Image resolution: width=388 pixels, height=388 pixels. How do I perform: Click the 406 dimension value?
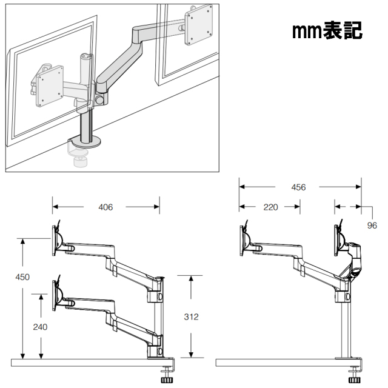[105, 207]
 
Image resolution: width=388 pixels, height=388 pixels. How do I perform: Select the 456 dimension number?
[298, 187]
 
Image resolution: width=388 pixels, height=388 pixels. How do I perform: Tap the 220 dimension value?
[270, 207]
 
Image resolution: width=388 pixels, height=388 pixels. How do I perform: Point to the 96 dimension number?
[372, 226]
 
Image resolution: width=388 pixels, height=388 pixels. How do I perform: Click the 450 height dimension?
[22, 277]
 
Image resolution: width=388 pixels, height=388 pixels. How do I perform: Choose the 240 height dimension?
[40, 327]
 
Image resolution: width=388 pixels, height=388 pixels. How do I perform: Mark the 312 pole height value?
[192, 316]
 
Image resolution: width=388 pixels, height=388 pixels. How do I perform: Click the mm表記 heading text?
[327, 31]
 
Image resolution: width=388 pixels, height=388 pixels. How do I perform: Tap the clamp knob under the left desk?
[167, 380]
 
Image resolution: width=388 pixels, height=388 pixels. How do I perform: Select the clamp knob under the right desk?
[355, 380]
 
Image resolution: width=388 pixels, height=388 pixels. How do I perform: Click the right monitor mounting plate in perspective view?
[199, 25]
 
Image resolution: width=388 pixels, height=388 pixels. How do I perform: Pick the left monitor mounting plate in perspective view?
[50, 86]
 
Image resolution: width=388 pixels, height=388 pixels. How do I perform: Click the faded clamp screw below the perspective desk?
[81, 162]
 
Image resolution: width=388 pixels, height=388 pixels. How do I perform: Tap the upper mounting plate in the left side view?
[54, 241]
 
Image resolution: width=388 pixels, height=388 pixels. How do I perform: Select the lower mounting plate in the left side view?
[54, 296]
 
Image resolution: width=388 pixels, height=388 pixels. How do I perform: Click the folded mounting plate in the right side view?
[336, 241]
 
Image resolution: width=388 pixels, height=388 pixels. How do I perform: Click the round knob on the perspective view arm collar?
[100, 99]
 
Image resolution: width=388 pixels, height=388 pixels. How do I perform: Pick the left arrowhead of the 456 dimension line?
[242, 187]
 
